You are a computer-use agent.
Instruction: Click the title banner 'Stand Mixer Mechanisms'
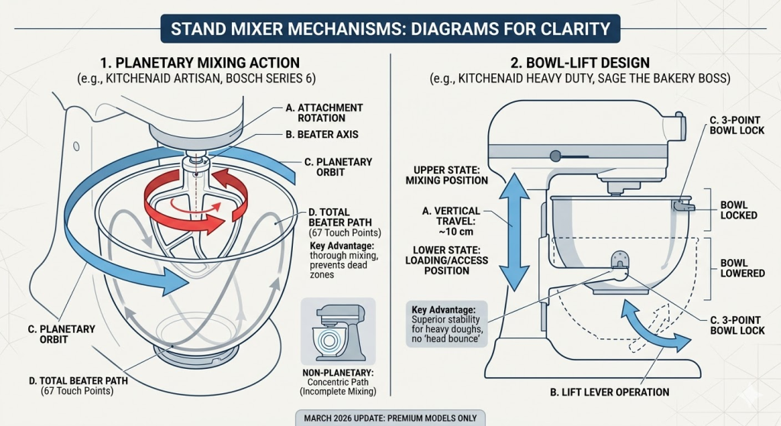[x=390, y=30]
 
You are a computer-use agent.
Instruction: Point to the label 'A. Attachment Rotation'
[x=324, y=114]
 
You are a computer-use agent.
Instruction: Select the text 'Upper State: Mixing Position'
[x=451, y=175]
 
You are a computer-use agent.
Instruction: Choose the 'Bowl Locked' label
[x=738, y=210]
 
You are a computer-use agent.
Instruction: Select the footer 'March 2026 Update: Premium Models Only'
[x=390, y=416]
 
